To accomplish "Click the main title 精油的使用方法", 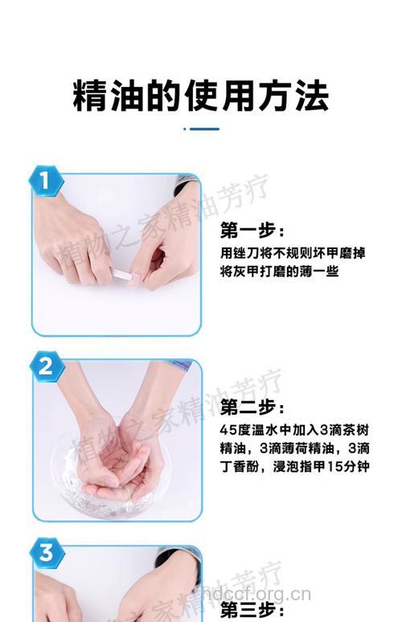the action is pyautogui.click(x=201, y=96).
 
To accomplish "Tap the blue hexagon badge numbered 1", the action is pyautogui.click(x=46, y=181).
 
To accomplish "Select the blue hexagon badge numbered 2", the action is pyautogui.click(x=47, y=366).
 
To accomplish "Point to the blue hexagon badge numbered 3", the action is pyautogui.click(x=47, y=553).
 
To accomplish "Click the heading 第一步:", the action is pyautogui.click(x=252, y=231).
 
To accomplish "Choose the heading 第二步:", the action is pyautogui.click(x=252, y=407).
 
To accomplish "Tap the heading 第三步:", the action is pyautogui.click(x=252, y=610).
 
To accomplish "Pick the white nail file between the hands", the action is pyautogui.click(x=124, y=275).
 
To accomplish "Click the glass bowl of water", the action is pyautogui.click(x=107, y=482).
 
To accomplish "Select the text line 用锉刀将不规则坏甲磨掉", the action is pyautogui.click(x=293, y=252).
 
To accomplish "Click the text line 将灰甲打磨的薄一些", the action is pyautogui.click(x=279, y=272).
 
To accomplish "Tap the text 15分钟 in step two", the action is pyautogui.click(x=348, y=466).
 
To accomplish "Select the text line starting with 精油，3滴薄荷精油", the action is pyautogui.click(x=295, y=448).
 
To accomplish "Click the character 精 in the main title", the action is pyautogui.click(x=90, y=96).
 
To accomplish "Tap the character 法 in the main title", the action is pyautogui.click(x=311, y=96).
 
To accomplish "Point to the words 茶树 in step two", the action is pyautogui.click(x=355, y=430).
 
